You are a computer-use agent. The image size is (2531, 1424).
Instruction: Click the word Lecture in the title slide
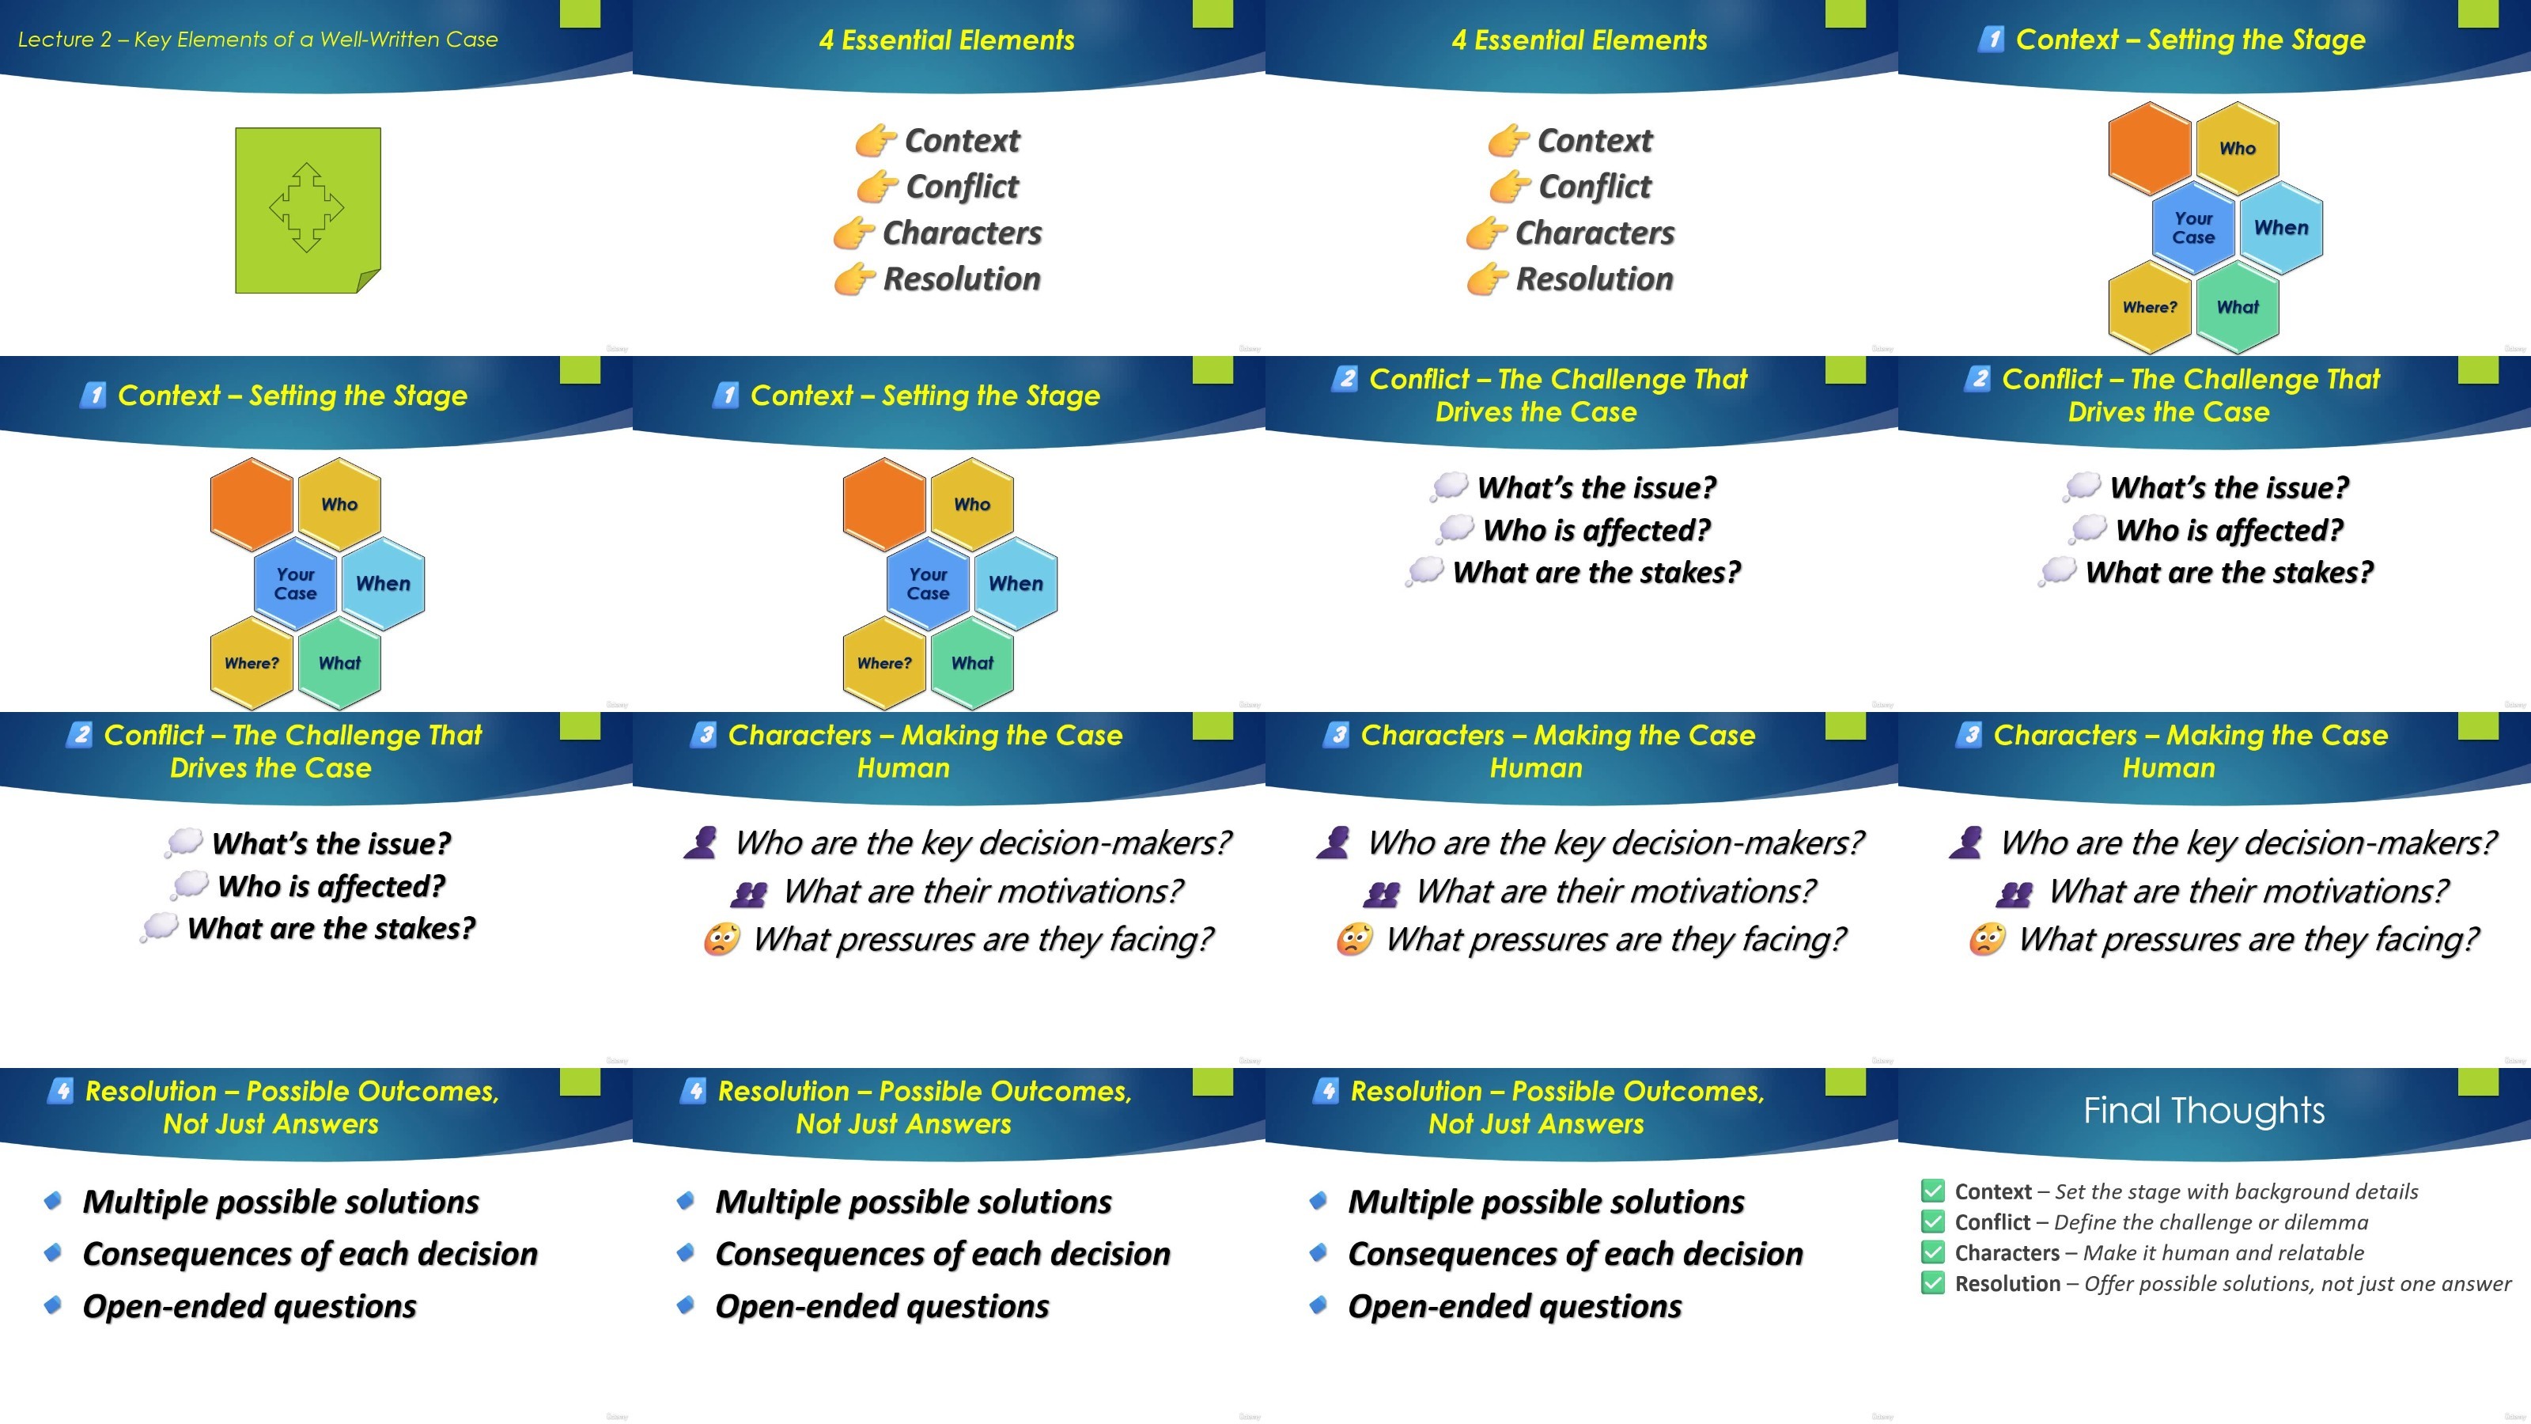[x=56, y=40]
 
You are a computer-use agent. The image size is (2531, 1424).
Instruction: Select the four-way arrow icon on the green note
[x=307, y=207]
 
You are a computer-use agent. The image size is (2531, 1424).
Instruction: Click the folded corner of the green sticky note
[x=369, y=282]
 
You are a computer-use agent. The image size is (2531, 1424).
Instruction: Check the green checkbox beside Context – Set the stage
[x=1932, y=1191]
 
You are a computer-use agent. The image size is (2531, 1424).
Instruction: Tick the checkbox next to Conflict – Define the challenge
[x=1932, y=1221]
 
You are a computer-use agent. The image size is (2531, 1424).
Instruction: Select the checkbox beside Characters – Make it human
[x=1932, y=1252]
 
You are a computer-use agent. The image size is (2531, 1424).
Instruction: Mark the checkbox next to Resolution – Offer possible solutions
[x=1932, y=1282]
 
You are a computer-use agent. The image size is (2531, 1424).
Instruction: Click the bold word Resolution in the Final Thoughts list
[x=2007, y=1283]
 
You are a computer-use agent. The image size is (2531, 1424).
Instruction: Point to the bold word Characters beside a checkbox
[x=2007, y=1253]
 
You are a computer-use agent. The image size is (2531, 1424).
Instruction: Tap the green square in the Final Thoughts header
[x=2478, y=1081]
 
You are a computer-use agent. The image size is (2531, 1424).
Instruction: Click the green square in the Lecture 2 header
[x=580, y=13]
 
